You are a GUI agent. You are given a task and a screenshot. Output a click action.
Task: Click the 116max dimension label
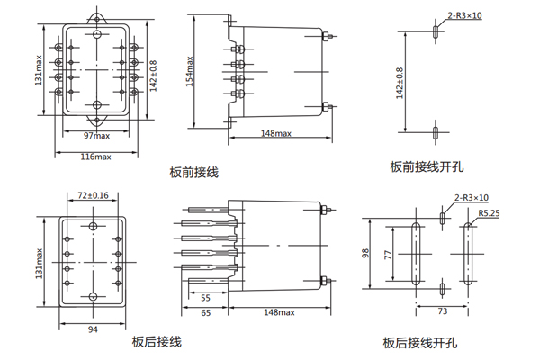coord(95,157)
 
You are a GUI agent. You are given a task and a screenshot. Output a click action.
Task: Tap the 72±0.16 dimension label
coord(93,195)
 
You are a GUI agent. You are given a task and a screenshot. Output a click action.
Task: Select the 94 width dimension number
coord(93,329)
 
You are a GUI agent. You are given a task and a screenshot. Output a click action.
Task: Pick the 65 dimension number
coord(205,315)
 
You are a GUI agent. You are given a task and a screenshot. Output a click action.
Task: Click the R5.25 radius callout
coord(490,213)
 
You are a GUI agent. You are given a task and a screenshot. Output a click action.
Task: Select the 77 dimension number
coord(388,256)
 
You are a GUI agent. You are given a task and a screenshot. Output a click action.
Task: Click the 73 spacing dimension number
coord(442,310)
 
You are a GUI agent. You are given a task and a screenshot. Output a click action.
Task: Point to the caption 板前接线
coord(193,171)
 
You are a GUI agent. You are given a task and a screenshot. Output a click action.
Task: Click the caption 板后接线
coord(157,342)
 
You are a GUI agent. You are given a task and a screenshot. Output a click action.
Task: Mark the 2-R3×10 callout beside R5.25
coord(471,197)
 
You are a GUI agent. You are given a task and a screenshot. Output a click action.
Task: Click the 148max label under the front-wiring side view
coord(276,134)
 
